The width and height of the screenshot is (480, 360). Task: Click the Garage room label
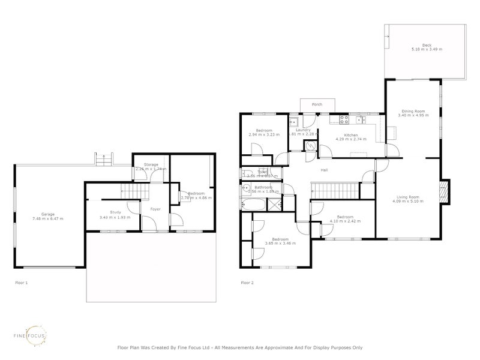[47, 214]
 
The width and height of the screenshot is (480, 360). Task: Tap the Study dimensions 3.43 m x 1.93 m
[111, 217]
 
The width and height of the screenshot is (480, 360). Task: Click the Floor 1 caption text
[22, 282]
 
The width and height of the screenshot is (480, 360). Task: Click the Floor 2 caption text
[247, 282]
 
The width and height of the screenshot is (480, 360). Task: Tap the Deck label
[426, 45]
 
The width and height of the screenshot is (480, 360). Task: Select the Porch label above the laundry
[317, 104]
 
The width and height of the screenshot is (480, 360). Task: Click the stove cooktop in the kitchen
[344, 118]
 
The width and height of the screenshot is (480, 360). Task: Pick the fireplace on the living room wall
[443, 192]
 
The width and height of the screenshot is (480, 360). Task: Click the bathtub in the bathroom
[253, 205]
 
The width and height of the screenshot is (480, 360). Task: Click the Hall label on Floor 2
[324, 170]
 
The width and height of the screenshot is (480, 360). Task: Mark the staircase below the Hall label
[336, 191]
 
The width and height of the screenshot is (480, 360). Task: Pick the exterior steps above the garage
[106, 160]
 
